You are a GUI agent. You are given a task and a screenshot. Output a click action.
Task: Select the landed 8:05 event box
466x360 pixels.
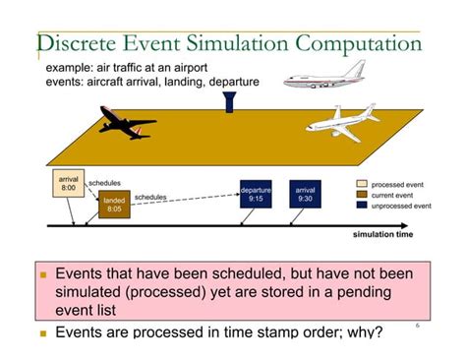(113, 204)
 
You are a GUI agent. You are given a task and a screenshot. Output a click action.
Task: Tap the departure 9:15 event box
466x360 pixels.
(256, 194)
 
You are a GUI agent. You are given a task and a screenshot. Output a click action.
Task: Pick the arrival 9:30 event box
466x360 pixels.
(305, 194)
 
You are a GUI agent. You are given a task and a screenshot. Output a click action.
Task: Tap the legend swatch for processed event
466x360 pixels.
(362, 184)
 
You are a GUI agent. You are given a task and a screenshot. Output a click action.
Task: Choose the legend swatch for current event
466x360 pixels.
(362, 195)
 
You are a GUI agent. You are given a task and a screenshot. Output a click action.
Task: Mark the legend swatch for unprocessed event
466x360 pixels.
(362, 206)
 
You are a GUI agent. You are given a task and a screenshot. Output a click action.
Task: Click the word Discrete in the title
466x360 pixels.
(83, 44)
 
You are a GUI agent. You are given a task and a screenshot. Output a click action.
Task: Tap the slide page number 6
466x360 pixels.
(417, 323)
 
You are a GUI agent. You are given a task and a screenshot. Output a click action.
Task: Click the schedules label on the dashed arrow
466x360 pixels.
(150, 197)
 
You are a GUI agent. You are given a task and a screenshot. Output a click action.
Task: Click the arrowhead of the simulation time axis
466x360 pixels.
(416, 225)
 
